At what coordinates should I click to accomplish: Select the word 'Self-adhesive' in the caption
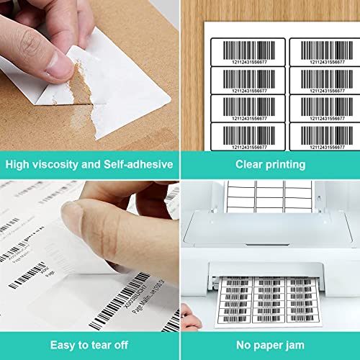[139, 165]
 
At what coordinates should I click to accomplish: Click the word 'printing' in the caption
[287, 165]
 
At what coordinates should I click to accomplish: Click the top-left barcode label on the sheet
[247, 52]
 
